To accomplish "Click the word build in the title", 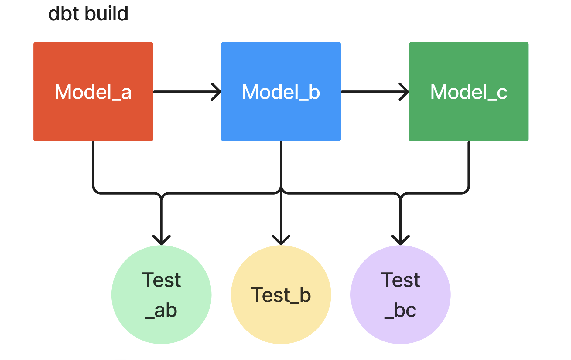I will coord(106,14).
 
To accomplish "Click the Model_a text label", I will coord(93,92).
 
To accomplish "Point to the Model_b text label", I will coord(281,92).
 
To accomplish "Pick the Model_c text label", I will coord(469,92).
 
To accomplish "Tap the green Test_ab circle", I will coord(161,328).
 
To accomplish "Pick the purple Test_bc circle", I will coord(400,328).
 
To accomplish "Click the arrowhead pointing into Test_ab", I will coord(161,240).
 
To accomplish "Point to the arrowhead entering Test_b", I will coord(281,240).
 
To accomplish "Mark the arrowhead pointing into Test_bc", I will coord(401,240).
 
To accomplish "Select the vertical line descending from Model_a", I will coord(93,164).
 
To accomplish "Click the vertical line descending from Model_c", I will coord(469,164).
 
